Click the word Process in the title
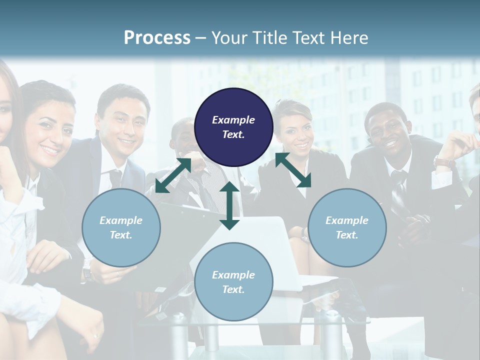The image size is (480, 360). (x=157, y=38)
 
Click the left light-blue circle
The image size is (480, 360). (x=121, y=227)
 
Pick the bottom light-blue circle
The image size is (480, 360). (x=233, y=282)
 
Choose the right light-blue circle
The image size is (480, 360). (x=347, y=227)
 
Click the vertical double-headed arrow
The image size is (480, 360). (x=229, y=205)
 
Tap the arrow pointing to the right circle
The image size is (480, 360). (x=293, y=170)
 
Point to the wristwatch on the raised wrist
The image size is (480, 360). (x=444, y=162)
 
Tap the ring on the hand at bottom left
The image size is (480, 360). (x=95, y=335)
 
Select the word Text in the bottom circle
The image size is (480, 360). (x=233, y=289)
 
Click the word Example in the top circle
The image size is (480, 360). (x=233, y=120)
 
